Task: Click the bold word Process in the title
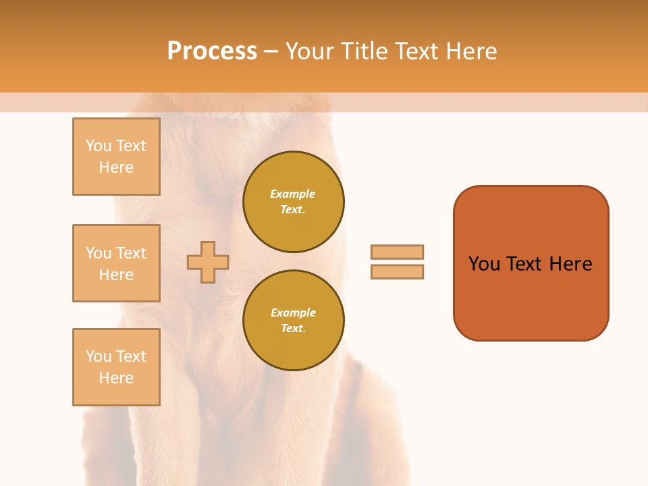212,51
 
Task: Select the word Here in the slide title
469,51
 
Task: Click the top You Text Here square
116,157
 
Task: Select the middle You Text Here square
116,263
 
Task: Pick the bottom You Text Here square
116,367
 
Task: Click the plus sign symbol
208,262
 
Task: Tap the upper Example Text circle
293,202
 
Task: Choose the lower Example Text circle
293,321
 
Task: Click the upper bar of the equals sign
397,252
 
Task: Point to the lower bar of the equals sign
397,271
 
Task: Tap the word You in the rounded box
484,264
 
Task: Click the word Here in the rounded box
570,264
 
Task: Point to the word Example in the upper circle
293,194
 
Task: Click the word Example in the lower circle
293,313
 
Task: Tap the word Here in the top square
116,167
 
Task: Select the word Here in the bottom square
116,378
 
